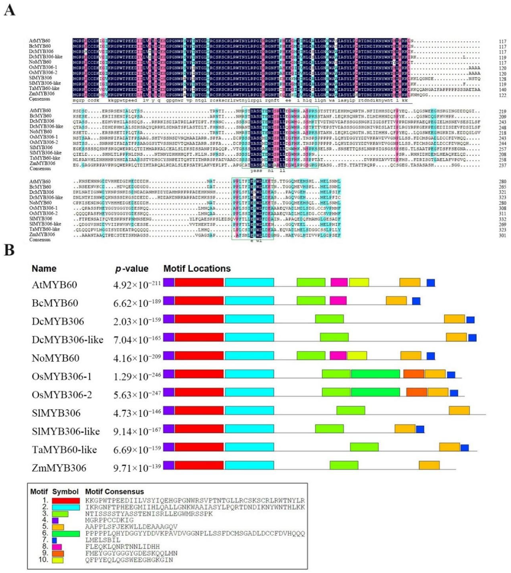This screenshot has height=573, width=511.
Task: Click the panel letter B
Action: (x=9, y=250)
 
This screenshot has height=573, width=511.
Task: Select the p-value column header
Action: (x=132, y=269)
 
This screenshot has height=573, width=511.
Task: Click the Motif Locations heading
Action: (x=197, y=269)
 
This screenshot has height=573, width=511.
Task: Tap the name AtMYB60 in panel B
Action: (x=54, y=285)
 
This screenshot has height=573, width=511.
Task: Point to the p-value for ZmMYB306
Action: (x=137, y=468)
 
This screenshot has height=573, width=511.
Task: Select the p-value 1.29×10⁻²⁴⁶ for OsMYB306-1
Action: (x=137, y=376)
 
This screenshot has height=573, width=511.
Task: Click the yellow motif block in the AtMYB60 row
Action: (x=359, y=282)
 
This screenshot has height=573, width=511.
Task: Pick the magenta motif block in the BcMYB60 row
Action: (x=338, y=300)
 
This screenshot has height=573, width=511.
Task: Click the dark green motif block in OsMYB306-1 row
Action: (x=375, y=374)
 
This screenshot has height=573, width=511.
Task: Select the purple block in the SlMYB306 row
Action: (x=169, y=410)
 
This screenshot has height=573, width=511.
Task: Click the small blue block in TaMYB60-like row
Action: (x=464, y=447)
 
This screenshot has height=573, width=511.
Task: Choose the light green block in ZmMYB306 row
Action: (x=344, y=465)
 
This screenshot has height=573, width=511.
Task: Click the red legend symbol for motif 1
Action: (x=66, y=501)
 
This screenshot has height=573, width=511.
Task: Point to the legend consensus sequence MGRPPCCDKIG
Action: (x=109, y=520)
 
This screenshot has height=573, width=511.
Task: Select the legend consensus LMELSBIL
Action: (x=102, y=540)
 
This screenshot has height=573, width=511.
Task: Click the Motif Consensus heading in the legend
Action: (x=114, y=492)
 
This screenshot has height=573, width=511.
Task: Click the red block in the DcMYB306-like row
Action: (x=199, y=337)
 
